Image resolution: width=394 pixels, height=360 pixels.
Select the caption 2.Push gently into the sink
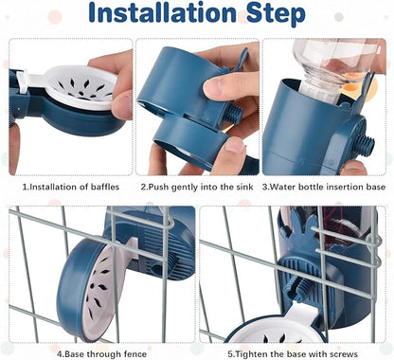pos(198,186)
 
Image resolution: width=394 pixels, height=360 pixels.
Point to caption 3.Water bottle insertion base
pos(326,186)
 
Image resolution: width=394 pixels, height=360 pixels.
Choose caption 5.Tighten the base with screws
pos(295,352)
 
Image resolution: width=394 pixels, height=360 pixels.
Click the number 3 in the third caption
pos(267,186)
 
